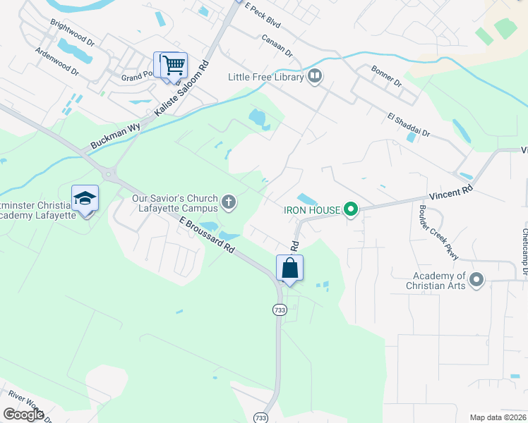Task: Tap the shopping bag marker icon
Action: tap(289, 268)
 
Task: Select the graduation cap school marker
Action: tap(85, 199)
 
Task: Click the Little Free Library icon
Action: tap(315, 77)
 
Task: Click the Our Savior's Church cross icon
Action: tap(228, 203)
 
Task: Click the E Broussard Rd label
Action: tap(206, 235)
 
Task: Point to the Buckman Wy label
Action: tap(116, 137)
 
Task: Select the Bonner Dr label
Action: tap(386, 77)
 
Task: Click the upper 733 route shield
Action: tap(279, 309)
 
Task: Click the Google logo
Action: tap(23, 415)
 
